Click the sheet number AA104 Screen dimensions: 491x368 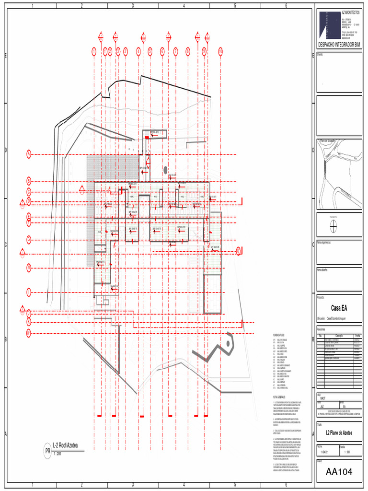coord(339,472)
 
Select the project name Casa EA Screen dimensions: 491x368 coord(339,308)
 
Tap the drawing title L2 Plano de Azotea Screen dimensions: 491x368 coord(339,433)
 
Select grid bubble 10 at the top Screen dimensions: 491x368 coord(220,51)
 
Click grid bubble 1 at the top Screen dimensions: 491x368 coord(94,51)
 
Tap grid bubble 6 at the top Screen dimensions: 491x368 coord(162,51)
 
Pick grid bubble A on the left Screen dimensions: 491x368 coord(29,154)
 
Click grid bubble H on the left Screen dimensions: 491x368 coord(29,268)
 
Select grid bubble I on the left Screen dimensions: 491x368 coord(29,292)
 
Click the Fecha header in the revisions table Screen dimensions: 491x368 coord(357,336)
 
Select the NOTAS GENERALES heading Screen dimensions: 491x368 coord(279,397)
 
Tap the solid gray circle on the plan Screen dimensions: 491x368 coord(165,169)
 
